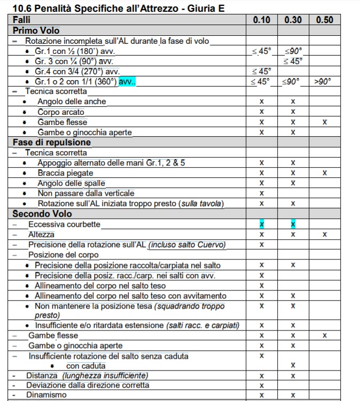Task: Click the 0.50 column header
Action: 324,20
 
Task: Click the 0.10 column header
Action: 262,20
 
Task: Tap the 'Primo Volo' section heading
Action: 36,30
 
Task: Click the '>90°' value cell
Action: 323,81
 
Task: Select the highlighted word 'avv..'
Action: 127,82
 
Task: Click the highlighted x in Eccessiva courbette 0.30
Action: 293,224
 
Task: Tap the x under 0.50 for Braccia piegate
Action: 324,173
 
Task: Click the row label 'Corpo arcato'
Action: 61,112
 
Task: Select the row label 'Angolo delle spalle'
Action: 72,183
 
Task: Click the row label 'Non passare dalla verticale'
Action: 86,193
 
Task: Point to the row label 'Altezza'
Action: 41,234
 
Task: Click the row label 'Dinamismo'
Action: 46,395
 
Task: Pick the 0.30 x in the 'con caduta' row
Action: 293,366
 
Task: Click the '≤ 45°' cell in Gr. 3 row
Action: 293,61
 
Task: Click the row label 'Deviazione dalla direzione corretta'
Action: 88,385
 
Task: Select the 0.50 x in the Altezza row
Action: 324,234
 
